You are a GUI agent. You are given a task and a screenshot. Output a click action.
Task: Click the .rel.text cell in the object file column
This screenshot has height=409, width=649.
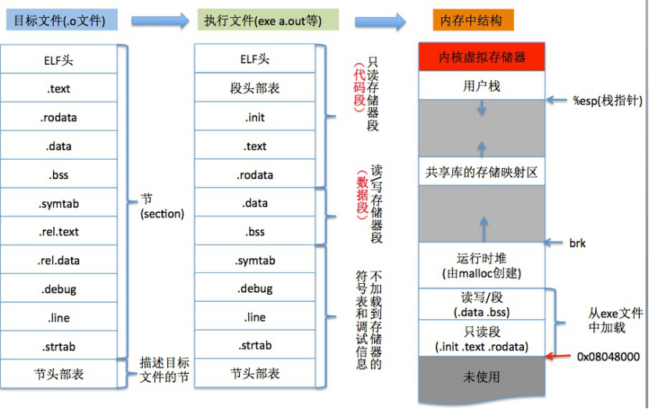[59, 231]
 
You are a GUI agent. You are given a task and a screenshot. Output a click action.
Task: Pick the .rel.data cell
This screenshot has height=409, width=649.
[59, 260]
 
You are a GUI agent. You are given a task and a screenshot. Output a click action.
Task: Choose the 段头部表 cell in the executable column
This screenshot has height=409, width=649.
[255, 88]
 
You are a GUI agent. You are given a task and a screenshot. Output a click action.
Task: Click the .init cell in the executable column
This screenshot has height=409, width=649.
[255, 117]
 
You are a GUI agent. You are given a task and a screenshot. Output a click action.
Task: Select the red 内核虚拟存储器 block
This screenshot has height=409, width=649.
[481, 57]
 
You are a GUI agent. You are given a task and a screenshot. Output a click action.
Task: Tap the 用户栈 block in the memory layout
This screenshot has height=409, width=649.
[481, 86]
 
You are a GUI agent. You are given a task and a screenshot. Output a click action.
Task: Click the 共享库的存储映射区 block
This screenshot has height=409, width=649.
[481, 172]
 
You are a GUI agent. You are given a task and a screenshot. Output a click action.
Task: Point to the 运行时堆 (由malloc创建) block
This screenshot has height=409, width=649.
[481, 265]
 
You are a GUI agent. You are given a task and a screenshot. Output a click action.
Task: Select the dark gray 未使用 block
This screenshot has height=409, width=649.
[481, 377]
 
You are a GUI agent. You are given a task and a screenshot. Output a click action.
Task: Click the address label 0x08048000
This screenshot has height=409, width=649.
[608, 357]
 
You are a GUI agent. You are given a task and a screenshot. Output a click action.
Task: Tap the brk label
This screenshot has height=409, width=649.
[577, 243]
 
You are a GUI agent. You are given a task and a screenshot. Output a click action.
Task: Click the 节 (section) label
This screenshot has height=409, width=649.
[162, 207]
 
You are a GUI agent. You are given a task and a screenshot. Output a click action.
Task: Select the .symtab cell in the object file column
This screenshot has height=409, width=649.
[59, 203]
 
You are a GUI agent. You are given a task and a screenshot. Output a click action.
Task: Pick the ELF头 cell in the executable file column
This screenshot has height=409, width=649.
[255, 59]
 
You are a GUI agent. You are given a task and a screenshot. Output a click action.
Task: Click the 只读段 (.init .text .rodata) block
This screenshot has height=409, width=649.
[481, 339]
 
